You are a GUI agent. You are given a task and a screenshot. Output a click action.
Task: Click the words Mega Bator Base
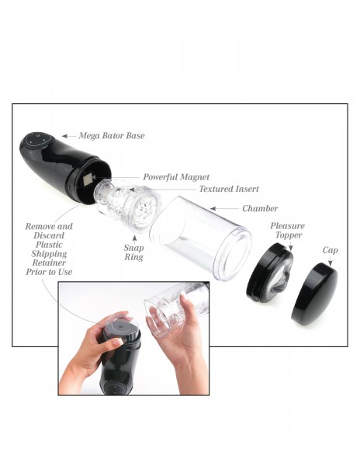pos(112,135)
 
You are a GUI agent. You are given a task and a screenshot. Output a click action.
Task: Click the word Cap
pos(331,250)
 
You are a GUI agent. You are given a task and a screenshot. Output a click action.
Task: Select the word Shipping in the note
pos(48,252)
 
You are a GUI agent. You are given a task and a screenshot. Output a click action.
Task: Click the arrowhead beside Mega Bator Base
pos(65,135)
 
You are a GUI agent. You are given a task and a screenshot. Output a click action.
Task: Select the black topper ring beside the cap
pos(273,274)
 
